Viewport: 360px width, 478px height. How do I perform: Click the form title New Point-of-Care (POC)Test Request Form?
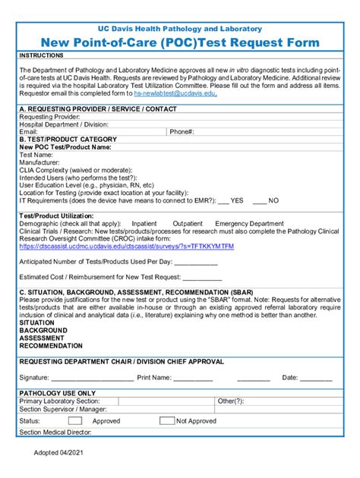coord(180,42)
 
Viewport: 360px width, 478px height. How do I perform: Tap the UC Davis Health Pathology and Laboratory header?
coord(180,29)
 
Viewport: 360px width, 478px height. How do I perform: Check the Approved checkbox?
coord(75,420)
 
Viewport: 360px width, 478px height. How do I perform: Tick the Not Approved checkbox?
coord(165,420)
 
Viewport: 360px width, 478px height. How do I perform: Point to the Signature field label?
coord(34,377)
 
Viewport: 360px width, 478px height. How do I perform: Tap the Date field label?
coord(290,377)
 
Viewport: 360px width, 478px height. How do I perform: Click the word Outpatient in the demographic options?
coord(188,224)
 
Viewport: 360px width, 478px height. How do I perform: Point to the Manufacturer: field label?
coord(39,162)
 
